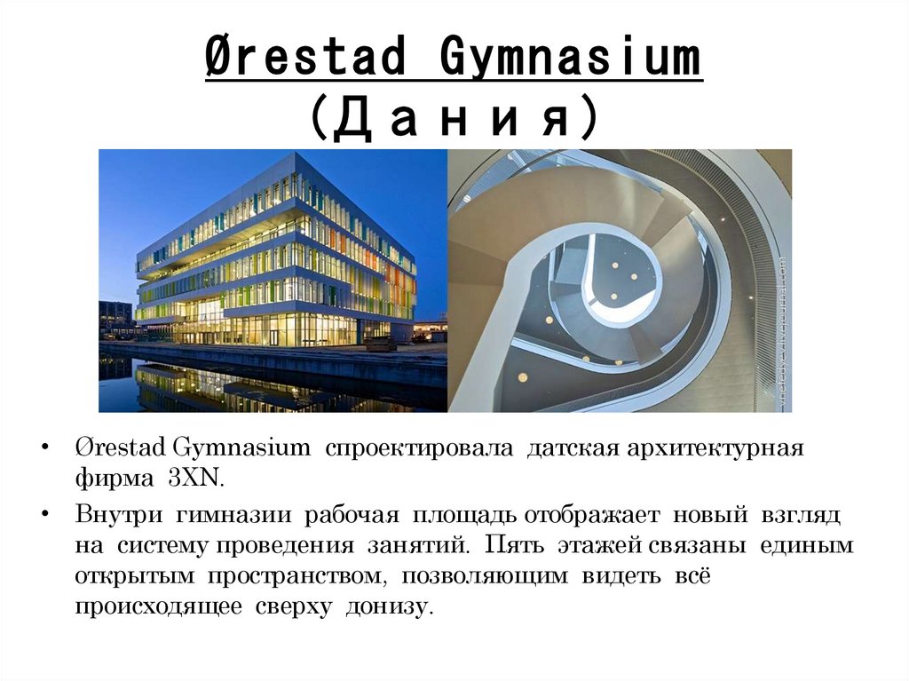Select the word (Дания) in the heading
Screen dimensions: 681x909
453,117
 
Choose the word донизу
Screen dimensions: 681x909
391,608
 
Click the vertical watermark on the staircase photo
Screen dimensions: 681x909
782,333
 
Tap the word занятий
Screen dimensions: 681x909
423,545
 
